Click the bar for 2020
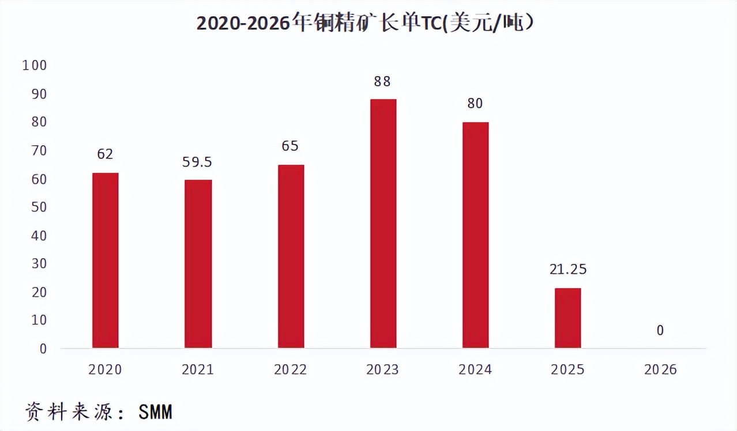pyautogui.click(x=105, y=260)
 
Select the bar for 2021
pyautogui.click(x=198, y=264)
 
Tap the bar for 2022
pyautogui.click(x=291, y=256)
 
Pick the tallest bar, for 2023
pyautogui.click(x=383, y=224)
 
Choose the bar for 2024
pyautogui.click(x=475, y=235)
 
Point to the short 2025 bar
pyautogui.click(x=567, y=318)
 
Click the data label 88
pyautogui.click(x=382, y=82)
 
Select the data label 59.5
pyautogui.click(x=197, y=162)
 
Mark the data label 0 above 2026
pyautogui.click(x=660, y=331)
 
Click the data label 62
pyautogui.click(x=105, y=154)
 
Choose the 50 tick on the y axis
pyautogui.click(x=37, y=207)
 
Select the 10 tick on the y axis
pyautogui.click(x=37, y=320)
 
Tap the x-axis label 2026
pyautogui.click(x=660, y=370)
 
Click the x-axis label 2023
pyautogui.click(x=382, y=370)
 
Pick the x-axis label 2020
pyautogui.click(x=105, y=370)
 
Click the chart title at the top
pyautogui.click(x=364, y=24)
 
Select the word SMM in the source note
pyautogui.click(x=155, y=413)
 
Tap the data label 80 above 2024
pyautogui.click(x=475, y=104)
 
